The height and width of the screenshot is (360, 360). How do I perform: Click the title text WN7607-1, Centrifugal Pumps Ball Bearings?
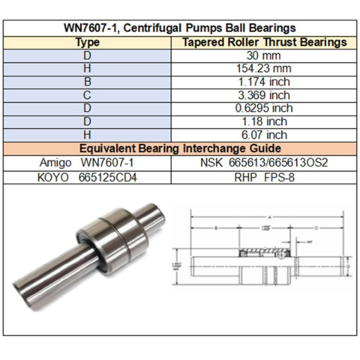click(179, 28)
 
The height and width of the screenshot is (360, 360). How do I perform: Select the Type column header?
click(87, 43)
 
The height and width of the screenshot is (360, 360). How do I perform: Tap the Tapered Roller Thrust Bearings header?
click(264, 43)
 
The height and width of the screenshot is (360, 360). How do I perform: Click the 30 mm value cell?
click(264, 56)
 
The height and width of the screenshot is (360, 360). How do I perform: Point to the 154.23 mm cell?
click(264, 69)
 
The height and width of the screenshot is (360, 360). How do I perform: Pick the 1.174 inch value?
click(264, 82)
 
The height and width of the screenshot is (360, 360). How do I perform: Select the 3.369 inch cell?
click(264, 95)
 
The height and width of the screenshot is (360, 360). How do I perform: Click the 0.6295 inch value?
click(264, 109)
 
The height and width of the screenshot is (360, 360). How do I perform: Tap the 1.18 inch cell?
click(264, 122)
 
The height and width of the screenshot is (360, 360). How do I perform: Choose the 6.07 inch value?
click(264, 135)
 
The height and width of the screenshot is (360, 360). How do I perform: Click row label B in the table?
click(87, 82)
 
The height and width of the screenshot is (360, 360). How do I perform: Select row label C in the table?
click(87, 95)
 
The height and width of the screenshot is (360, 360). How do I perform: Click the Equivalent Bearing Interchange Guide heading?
click(179, 149)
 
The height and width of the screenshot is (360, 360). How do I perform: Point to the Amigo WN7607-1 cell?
click(87, 163)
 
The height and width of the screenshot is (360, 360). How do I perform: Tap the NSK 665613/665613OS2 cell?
click(264, 163)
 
